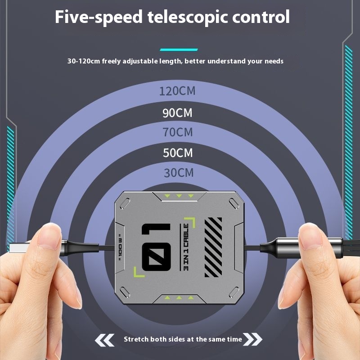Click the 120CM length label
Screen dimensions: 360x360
click(177, 91)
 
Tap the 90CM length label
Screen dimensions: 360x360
click(177, 112)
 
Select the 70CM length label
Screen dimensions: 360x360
click(177, 132)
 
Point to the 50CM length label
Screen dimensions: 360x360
click(177, 153)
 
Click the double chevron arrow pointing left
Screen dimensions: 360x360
click(105, 339)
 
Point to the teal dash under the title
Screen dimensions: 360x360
click(179, 49)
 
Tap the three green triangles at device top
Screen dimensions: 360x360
click(179, 196)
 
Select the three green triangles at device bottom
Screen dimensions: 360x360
click(179, 297)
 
